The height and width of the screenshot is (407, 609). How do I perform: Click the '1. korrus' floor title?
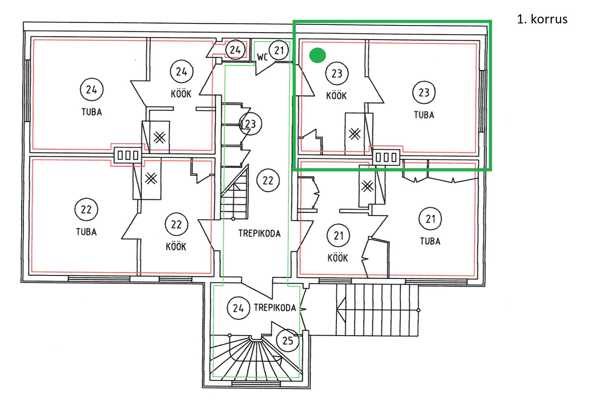point(542,19)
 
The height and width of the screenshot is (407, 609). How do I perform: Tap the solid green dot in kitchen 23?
point(317,55)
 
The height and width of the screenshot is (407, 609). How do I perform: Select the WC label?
point(262,57)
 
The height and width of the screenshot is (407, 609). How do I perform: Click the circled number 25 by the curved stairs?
point(287,340)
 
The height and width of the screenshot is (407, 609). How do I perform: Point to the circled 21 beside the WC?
point(279,50)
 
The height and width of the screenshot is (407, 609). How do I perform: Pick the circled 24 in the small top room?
point(235,50)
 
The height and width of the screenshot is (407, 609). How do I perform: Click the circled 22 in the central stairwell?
point(268,180)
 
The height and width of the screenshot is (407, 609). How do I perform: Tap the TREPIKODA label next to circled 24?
point(275,308)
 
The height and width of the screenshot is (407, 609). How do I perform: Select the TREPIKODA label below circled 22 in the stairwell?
point(259,233)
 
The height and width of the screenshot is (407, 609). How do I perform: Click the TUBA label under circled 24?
point(92,112)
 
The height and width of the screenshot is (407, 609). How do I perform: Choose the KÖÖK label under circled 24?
point(181,94)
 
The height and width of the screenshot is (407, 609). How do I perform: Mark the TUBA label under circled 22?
point(86,232)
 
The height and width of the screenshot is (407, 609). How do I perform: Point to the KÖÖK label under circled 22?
point(176,246)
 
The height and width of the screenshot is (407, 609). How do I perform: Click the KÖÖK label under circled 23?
point(336,96)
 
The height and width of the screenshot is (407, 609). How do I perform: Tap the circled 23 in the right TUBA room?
point(423,92)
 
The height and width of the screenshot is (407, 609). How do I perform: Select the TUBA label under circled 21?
point(430,241)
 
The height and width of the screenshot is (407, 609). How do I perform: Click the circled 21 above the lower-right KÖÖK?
point(338,236)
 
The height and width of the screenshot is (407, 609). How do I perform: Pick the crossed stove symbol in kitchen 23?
point(354,134)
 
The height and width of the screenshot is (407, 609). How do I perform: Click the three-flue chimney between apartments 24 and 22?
point(128,156)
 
